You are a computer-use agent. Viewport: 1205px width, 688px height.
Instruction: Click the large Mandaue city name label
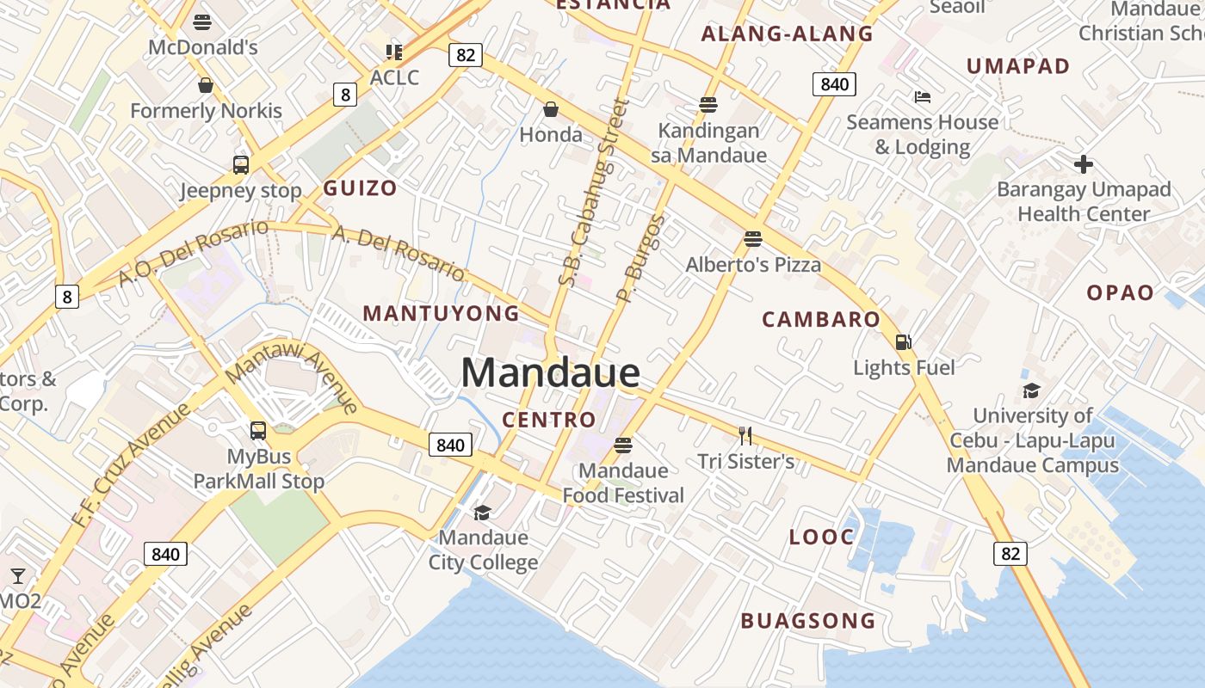pyautogui.click(x=551, y=373)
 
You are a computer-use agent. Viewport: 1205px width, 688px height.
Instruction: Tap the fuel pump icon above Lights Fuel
pyautogui.click(x=903, y=342)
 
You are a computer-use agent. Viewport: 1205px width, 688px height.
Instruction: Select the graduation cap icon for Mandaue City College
pyautogui.click(x=482, y=513)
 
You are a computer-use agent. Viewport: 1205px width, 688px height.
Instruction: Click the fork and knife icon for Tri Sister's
pyautogui.click(x=745, y=436)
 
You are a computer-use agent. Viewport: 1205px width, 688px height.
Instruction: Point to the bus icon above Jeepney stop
pyautogui.click(x=241, y=165)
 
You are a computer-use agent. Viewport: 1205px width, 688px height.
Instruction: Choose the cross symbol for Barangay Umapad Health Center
pyautogui.click(x=1084, y=163)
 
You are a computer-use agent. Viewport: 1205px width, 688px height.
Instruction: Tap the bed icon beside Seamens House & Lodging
pyautogui.click(x=923, y=97)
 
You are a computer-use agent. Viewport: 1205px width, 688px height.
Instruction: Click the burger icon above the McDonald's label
pyautogui.click(x=203, y=21)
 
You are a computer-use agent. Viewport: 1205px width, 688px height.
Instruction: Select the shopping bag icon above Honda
pyautogui.click(x=551, y=109)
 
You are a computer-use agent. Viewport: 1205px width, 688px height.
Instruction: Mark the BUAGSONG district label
pyautogui.click(x=807, y=621)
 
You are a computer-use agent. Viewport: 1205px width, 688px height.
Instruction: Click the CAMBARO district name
pyautogui.click(x=821, y=320)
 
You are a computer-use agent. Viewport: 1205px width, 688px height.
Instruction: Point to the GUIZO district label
pyautogui.click(x=360, y=188)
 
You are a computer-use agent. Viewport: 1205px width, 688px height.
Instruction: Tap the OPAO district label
pyautogui.click(x=1120, y=293)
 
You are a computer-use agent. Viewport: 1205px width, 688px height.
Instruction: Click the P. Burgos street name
pyautogui.click(x=642, y=258)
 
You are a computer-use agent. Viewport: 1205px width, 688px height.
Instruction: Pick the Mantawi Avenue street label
pyautogui.click(x=292, y=378)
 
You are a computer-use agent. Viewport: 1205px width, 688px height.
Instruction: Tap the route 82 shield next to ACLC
pyautogui.click(x=465, y=55)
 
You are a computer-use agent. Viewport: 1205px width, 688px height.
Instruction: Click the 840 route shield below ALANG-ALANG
pyautogui.click(x=833, y=84)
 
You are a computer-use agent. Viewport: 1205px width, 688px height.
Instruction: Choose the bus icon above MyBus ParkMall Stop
pyautogui.click(x=257, y=431)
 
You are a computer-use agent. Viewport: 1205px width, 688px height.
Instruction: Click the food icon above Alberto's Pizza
pyautogui.click(x=753, y=238)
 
